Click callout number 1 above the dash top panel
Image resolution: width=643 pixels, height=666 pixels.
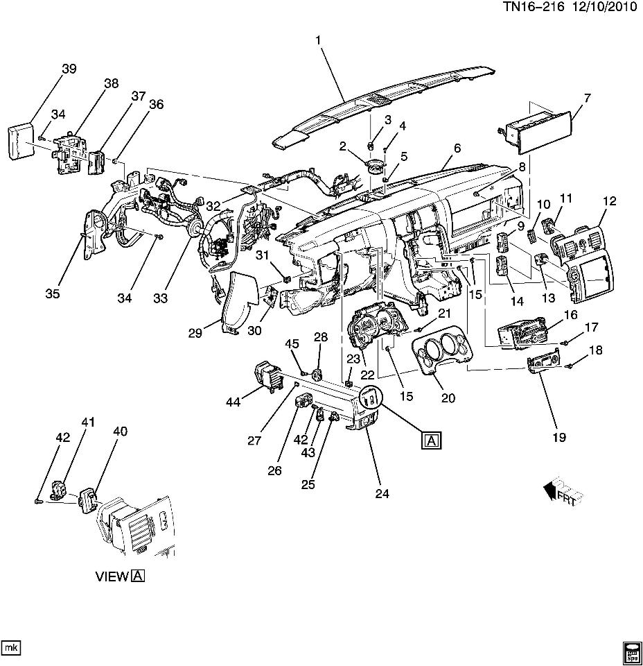tap(319, 41)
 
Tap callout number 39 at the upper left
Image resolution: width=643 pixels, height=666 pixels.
tap(69, 69)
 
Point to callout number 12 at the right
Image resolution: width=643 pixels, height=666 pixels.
tap(609, 201)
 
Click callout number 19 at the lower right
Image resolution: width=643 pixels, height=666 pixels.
tap(558, 437)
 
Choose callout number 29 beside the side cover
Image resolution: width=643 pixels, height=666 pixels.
tap(194, 333)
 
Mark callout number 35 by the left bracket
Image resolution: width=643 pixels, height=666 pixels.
tap(53, 293)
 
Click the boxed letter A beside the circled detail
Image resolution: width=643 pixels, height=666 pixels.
tap(431, 440)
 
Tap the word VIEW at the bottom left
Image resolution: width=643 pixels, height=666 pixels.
tap(111, 576)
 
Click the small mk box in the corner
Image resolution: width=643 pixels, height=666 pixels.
tap(11, 647)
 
